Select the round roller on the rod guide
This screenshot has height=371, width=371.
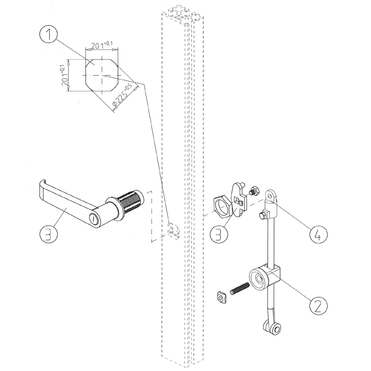(x=257, y=280)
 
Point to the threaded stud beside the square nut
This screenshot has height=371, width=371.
(x=239, y=289)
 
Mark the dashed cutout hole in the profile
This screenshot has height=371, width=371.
(x=173, y=230)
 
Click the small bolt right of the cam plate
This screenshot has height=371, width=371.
(x=254, y=191)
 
